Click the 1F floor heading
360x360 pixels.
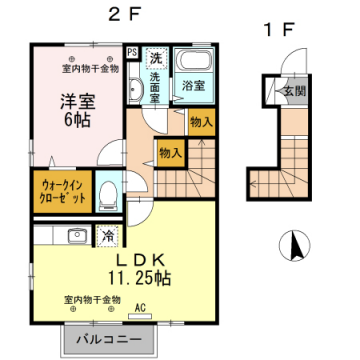281,31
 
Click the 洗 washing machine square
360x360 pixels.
155,57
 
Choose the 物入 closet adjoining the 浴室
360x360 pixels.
201,121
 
